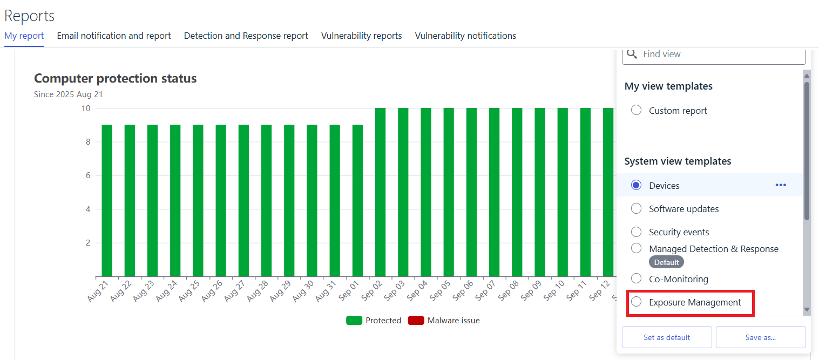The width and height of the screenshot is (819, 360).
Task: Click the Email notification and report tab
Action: click(x=114, y=36)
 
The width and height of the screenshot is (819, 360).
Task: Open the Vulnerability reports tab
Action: click(x=361, y=36)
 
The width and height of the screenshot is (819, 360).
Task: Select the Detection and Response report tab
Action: click(x=246, y=36)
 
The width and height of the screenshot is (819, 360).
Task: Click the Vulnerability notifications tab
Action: click(x=465, y=36)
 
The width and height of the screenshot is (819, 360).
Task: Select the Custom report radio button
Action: click(x=637, y=110)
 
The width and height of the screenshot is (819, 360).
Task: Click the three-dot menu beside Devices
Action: click(x=781, y=185)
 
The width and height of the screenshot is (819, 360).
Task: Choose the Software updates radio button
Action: click(x=637, y=208)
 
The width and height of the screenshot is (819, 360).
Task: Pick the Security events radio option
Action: click(x=637, y=232)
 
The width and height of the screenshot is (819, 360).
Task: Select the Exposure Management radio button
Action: click(x=637, y=302)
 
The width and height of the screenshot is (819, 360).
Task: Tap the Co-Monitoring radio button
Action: click(x=637, y=279)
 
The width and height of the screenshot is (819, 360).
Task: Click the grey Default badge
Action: click(x=666, y=262)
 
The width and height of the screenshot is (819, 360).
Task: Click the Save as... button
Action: click(x=760, y=337)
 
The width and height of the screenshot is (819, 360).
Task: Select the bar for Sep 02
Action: click(x=380, y=192)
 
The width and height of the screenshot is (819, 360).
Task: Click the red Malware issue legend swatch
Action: click(x=416, y=321)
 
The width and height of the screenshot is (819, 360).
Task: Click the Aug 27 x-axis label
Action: click(x=235, y=291)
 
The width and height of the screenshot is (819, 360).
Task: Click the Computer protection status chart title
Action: click(x=115, y=78)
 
